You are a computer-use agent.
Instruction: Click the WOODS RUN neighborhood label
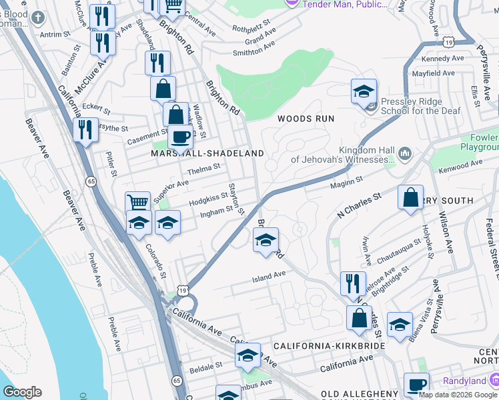click(305, 119)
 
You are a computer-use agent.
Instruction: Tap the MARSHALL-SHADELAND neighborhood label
click(207, 153)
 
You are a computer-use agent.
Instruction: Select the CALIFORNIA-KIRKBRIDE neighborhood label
click(329, 347)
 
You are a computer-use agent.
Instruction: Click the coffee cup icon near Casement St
click(179, 136)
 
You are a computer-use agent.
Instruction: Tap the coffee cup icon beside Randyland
click(416, 385)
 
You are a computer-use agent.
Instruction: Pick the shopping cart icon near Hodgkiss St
click(137, 202)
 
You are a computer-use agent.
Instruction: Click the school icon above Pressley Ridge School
click(364, 91)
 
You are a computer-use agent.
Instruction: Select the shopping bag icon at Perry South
click(411, 197)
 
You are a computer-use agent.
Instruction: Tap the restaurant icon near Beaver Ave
click(86, 129)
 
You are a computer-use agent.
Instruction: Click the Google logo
click(22, 392)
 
